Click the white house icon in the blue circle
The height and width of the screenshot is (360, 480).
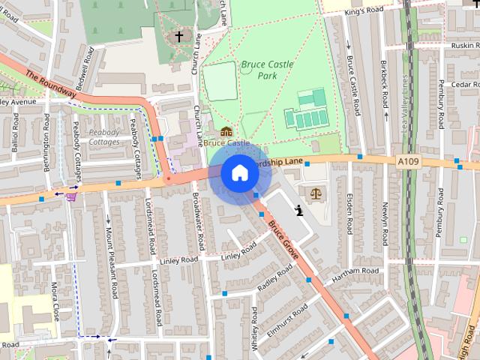tap(239, 172)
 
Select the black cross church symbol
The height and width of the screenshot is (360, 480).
tap(178, 35)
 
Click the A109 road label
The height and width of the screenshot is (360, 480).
tap(409, 160)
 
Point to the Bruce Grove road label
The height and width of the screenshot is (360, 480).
tap(284, 241)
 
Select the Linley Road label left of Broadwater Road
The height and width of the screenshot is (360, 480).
tap(179, 260)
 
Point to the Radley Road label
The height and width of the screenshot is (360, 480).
tap(274, 280)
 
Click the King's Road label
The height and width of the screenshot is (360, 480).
tap(363, 10)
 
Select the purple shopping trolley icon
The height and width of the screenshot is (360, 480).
tap(70, 197)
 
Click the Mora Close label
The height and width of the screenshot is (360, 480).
tap(55, 301)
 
